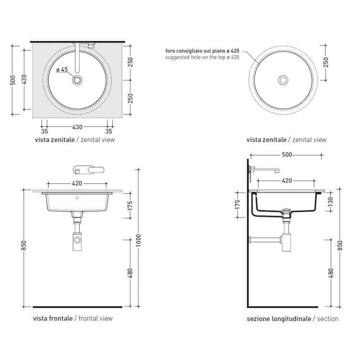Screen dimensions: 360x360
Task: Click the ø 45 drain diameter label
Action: click(x=62, y=70)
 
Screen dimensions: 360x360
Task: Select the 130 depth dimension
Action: click(x=331, y=202)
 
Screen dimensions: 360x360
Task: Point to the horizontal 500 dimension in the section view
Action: click(x=286, y=155)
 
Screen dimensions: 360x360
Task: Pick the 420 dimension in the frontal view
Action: click(x=77, y=183)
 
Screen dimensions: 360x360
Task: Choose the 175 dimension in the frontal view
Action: click(x=130, y=206)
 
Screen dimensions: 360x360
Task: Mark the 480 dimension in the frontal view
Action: click(x=130, y=273)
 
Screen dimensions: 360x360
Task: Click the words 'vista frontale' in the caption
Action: click(x=53, y=318)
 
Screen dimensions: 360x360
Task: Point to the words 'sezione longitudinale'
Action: click(x=279, y=319)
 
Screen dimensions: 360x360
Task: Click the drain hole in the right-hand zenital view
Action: click(x=283, y=80)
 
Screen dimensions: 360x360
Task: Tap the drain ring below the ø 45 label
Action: click(x=77, y=80)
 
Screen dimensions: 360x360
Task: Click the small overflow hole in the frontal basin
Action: click(x=77, y=198)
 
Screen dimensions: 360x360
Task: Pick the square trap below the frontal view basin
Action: click(x=77, y=239)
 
